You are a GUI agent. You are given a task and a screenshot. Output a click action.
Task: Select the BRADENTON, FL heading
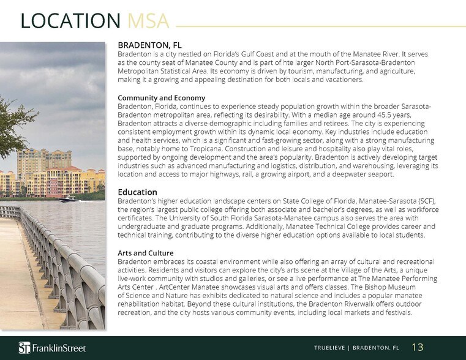pos(149,45)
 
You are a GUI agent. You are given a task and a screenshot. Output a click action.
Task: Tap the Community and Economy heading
pos(161,98)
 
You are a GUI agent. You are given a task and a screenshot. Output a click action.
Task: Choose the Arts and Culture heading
pos(146,253)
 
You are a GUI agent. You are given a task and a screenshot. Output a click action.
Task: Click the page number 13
pos(418,348)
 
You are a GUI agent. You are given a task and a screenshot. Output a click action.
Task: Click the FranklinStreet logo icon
pos(24,348)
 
